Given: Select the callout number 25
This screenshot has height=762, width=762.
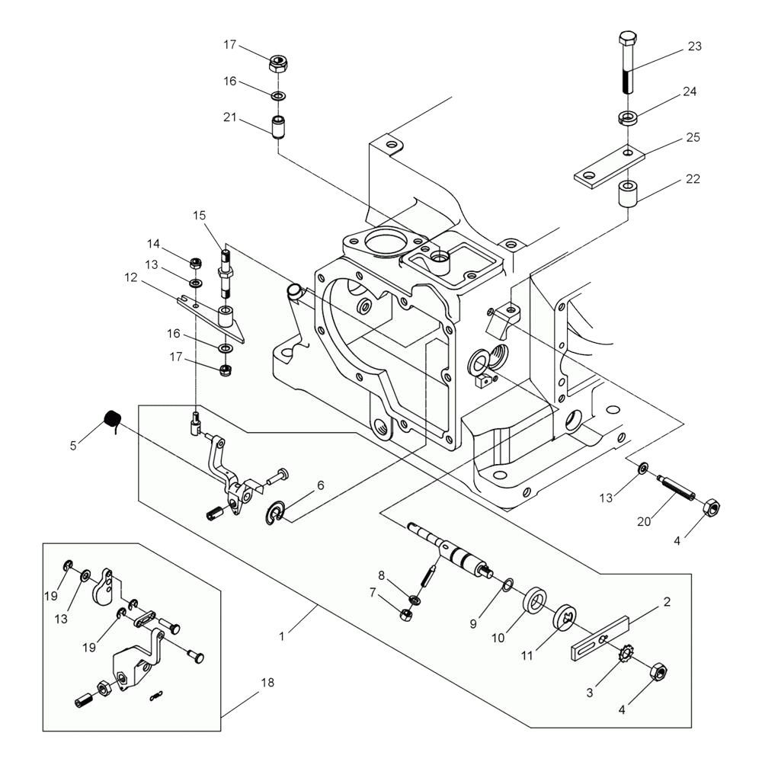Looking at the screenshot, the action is pyautogui.click(x=693, y=137).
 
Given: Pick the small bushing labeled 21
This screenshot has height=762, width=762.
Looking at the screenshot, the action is pyautogui.click(x=277, y=126).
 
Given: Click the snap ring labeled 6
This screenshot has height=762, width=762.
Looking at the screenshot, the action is pyautogui.click(x=276, y=511).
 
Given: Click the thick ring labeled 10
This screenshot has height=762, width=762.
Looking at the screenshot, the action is pyautogui.click(x=535, y=603).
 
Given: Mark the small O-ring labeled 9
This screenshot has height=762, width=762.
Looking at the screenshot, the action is pyautogui.click(x=507, y=584).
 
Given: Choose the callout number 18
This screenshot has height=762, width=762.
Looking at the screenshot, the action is pyautogui.click(x=267, y=682).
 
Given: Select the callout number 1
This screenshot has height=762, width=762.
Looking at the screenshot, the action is pyautogui.click(x=281, y=636).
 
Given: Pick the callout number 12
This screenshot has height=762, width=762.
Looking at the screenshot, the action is pyautogui.click(x=131, y=277).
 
